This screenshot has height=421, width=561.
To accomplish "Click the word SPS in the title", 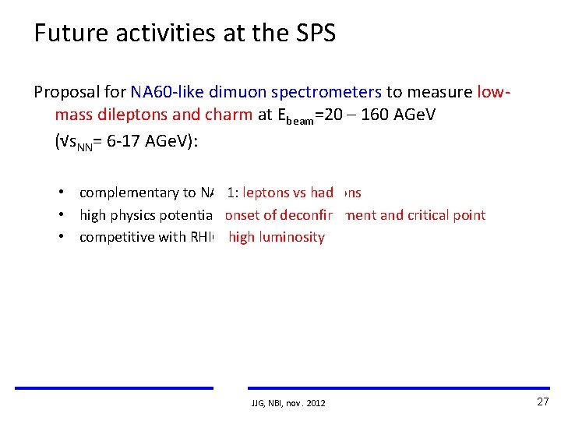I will click(314, 34).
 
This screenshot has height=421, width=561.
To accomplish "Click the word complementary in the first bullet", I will click(129, 193).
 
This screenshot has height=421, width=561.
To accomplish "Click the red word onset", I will click(244, 215).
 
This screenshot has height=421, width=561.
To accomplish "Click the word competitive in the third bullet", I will click(116, 237).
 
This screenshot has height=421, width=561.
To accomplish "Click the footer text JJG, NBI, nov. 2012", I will click(288, 403).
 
